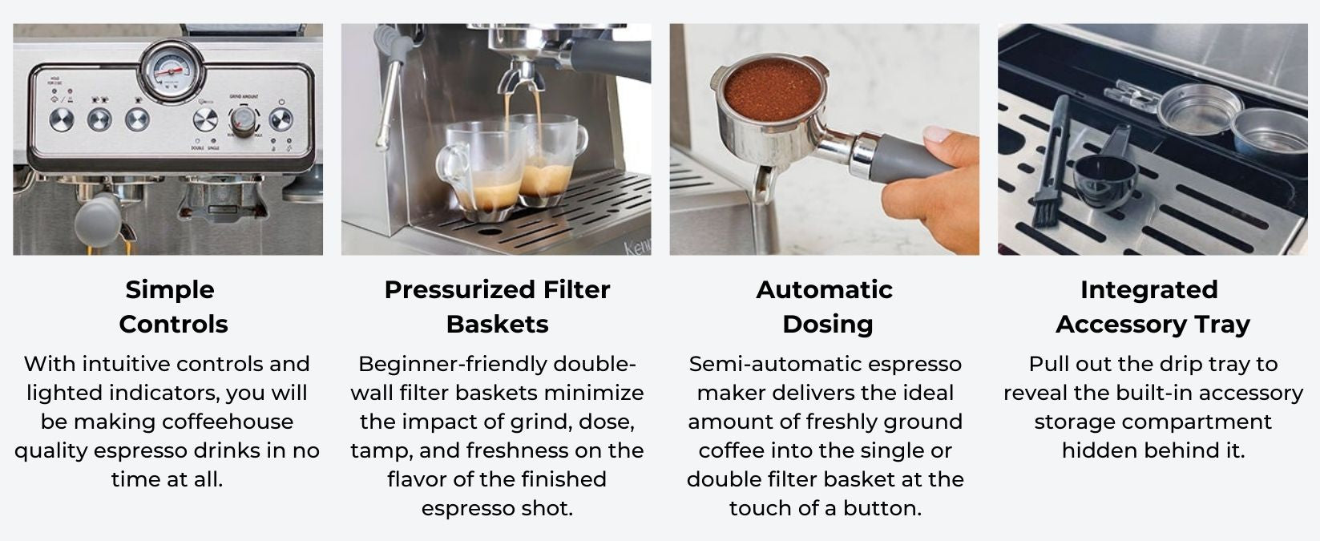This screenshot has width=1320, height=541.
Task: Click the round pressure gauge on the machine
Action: click(x=172, y=72)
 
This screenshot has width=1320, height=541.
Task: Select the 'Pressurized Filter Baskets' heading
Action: click(x=497, y=306)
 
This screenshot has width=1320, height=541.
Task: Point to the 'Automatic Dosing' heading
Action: click(x=825, y=306)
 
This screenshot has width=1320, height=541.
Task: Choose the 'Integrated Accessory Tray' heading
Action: click(x=1152, y=306)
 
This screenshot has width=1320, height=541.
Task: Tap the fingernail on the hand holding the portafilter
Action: click(x=936, y=134)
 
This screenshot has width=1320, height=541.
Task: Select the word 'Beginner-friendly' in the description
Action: click(x=455, y=364)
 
